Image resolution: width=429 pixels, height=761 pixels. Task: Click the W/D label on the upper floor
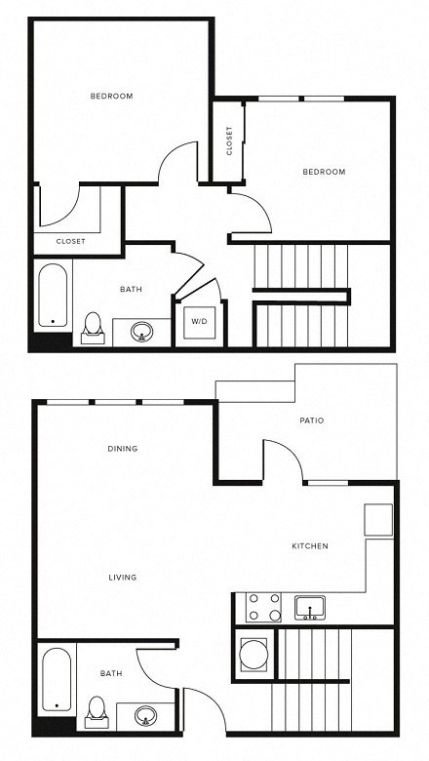pyautogui.click(x=199, y=321)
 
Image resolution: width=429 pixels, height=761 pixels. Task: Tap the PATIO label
pyautogui.click(x=312, y=421)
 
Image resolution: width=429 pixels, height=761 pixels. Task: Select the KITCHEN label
pyautogui.click(x=310, y=545)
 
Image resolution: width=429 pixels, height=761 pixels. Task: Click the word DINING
pyautogui.click(x=123, y=449)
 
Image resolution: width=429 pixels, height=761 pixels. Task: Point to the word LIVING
pyautogui.click(x=123, y=578)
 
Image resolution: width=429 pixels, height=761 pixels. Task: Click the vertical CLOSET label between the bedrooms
pyautogui.click(x=229, y=141)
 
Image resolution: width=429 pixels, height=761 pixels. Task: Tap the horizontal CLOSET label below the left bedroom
pyautogui.click(x=70, y=241)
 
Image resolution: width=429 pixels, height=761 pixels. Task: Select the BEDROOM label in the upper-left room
pyautogui.click(x=111, y=96)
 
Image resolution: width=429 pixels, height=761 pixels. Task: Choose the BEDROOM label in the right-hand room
pyautogui.click(x=324, y=172)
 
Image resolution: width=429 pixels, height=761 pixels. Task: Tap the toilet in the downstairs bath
pyautogui.click(x=96, y=709)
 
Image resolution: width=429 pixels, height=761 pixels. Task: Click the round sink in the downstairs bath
pyautogui.click(x=146, y=715)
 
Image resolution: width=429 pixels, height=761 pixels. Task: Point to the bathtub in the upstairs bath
pyautogui.click(x=53, y=296)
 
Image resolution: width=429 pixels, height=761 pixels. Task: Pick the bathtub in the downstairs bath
pyautogui.click(x=55, y=681)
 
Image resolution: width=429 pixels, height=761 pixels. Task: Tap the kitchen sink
pyautogui.click(x=311, y=607)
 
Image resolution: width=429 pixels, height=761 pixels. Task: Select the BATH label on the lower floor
pyautogui.click(x=111, y=673)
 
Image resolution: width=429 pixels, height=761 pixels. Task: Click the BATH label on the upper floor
pyautogui.click(x=132, y=289)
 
